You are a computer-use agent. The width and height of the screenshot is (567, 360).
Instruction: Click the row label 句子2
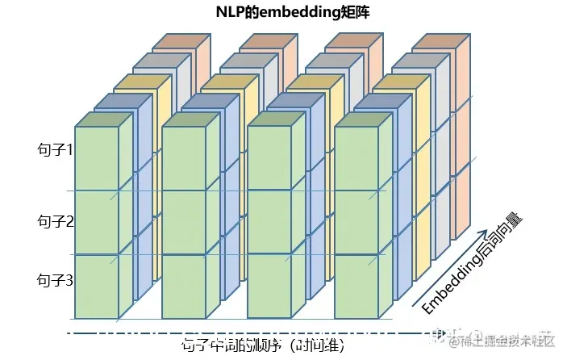coord(56,220)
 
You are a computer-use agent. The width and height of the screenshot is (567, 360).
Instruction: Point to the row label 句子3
coord(56,280)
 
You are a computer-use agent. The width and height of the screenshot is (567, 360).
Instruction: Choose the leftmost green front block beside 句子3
coord(97,286)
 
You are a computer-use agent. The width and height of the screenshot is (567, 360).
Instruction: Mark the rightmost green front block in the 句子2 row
coord(356,222)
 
